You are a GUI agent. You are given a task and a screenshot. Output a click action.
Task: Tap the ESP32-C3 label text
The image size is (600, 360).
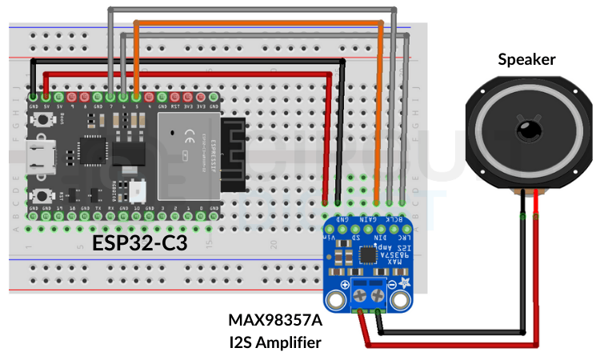(x=140, y=242)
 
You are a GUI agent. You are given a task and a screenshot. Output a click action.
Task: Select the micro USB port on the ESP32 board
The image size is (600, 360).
(x=38, y=156)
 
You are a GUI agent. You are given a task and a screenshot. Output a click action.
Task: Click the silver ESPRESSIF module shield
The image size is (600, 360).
(x=189, y=155)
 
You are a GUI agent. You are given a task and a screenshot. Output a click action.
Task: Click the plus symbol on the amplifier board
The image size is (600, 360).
(x=344, y=285)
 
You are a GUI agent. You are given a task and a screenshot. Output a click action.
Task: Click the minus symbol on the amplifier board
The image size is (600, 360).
(x=392, y=285)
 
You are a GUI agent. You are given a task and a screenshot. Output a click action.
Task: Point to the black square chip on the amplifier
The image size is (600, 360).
(x=368, y=256)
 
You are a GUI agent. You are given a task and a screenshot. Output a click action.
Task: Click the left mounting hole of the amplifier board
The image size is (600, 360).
(x=337, y=300)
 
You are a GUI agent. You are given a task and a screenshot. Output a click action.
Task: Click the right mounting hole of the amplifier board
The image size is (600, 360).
(x=399, y=300)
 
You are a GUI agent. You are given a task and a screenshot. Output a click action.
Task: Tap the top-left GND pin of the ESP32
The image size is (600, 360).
(x=33, y=97)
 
